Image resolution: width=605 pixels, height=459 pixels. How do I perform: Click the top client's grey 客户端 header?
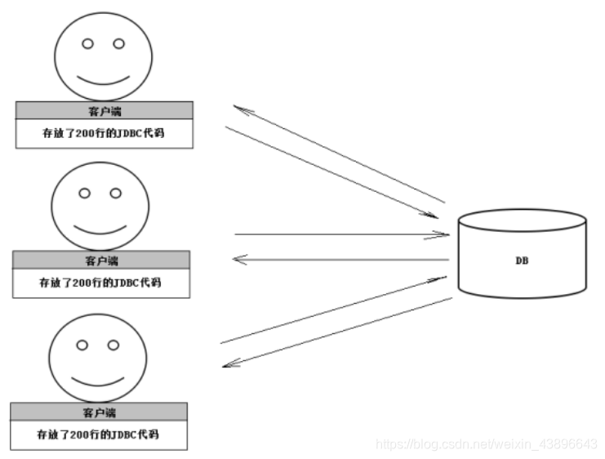[x=105, y=110]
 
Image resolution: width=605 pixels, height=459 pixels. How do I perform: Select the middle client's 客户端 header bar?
[x=101, y=261]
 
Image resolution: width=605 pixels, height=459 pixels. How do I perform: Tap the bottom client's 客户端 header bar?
[x=99, y=412]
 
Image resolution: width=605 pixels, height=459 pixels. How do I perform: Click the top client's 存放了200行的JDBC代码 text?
[x=105, y=133]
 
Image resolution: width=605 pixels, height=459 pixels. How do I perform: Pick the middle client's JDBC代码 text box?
[x=101, y=283]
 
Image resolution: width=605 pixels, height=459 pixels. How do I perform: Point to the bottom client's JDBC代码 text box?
[x=99, y=434]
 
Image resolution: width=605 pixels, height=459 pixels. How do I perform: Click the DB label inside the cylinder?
[x=521, y=260]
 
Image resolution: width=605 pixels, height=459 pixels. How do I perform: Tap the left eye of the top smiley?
[x=88, y=42]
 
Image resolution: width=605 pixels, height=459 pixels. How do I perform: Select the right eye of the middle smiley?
[x=116, y=194]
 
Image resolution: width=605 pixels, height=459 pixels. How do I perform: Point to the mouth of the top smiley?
[x=103, y=80]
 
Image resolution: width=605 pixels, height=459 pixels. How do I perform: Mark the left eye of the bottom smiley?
[x=81, y=345]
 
